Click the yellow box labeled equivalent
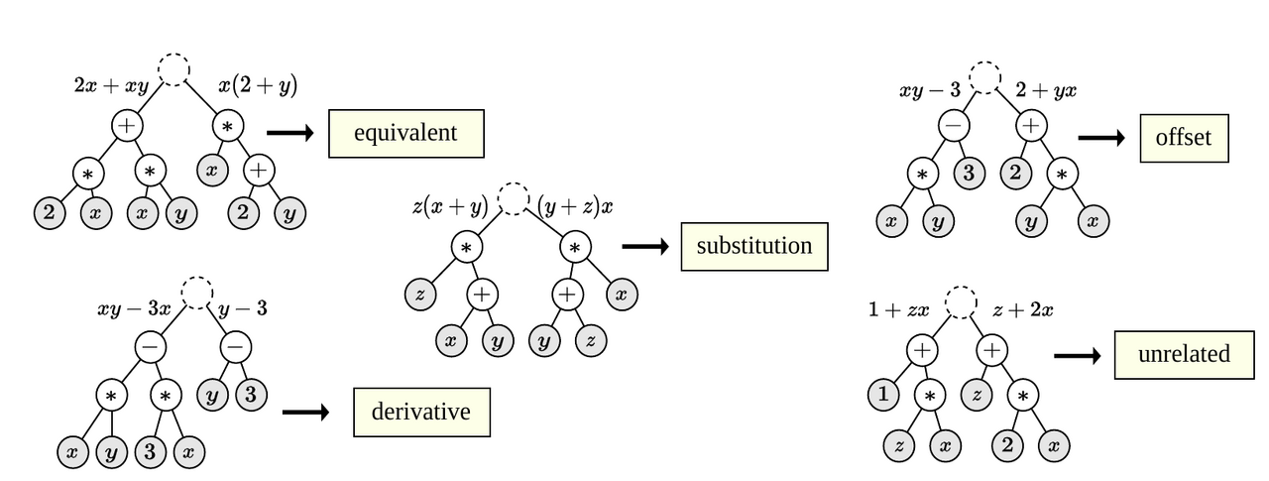[406, 133]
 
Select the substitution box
[754, 246]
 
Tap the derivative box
[421, 412]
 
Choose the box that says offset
[1184, 137]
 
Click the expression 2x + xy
[111, 86]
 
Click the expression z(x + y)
[450, 207]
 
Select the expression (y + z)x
[576, 207]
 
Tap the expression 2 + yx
[1046, 91]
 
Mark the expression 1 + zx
[898, 310]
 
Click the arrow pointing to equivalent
[289, 132]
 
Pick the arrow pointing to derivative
[305, 412]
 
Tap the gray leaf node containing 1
[882, 396]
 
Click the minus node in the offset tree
[954, 126]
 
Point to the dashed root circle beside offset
[987, 77]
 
